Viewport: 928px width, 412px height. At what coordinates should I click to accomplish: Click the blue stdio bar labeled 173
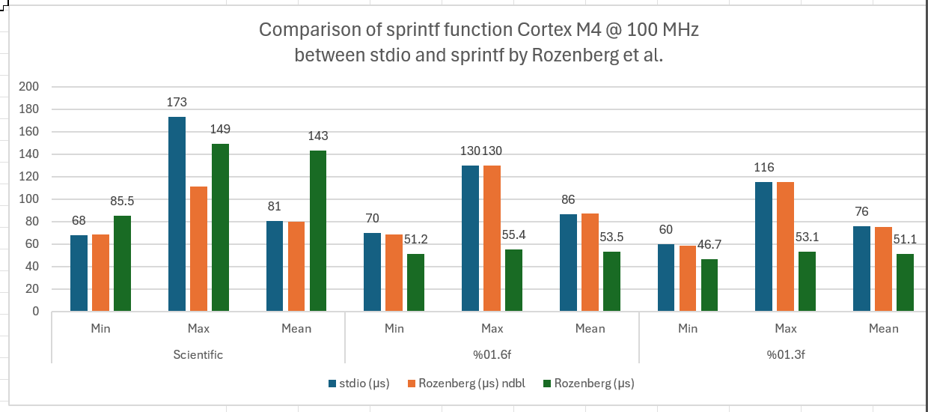click(x=177, y=214)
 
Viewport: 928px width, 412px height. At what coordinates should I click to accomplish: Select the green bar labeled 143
click(x=317, y=231)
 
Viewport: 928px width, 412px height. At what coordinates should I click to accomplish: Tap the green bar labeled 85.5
click(x=122, y=263)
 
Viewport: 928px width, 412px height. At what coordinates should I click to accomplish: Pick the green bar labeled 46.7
click(x=709, y=285)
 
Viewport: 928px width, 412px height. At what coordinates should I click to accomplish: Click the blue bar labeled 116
click(x=763, y=246)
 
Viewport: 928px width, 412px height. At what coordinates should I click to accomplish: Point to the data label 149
click(x=220, y=129)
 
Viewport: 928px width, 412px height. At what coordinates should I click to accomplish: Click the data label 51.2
click(x=416, y=239)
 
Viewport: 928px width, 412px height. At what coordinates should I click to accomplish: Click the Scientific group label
click(x=198, y=354)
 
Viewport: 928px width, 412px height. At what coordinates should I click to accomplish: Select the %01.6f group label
click(x=492, y=354)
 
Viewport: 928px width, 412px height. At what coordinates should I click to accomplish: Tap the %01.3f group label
click(x=785, y=354)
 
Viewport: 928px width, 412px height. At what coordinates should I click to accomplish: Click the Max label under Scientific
click(x=198, y=328)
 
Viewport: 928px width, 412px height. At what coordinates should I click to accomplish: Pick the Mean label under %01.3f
click(x=883, y=328)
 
